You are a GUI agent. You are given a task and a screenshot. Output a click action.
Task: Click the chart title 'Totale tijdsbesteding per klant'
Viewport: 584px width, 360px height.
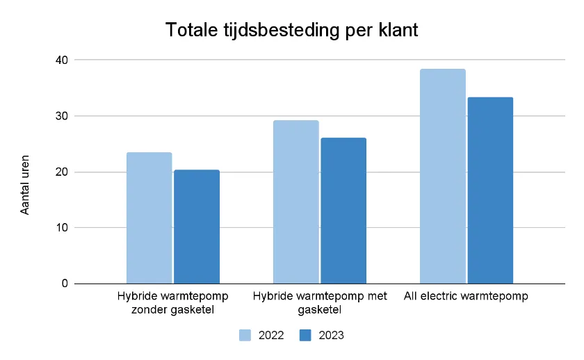coord(292,31)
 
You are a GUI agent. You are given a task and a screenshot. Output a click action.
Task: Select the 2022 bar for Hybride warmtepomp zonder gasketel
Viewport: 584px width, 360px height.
coord(149,218)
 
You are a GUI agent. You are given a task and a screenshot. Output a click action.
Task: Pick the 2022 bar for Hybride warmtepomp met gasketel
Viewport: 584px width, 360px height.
coord(295,202)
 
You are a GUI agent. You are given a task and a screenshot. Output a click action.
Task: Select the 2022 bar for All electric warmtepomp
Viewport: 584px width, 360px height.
coord(442,177)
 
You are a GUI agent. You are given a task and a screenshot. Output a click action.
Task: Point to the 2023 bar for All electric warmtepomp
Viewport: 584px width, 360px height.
coord(490,190)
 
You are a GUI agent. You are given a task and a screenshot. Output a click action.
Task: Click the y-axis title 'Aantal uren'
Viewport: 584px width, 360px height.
coord(25,184)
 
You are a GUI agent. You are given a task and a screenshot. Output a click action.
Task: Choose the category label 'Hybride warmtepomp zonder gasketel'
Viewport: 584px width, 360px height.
coord(173,302)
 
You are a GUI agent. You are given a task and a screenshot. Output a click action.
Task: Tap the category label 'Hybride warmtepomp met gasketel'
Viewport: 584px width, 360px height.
coord(320,302)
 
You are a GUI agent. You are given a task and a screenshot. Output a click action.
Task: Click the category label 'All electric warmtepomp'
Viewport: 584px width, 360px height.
coord(467,296)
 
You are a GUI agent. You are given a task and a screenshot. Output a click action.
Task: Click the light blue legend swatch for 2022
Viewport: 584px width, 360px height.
coord(245,335)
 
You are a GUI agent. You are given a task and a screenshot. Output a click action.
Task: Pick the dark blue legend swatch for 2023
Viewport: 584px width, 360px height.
coord(305,335)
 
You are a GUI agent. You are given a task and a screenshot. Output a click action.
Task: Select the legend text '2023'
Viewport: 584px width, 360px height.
coord(332,335)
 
